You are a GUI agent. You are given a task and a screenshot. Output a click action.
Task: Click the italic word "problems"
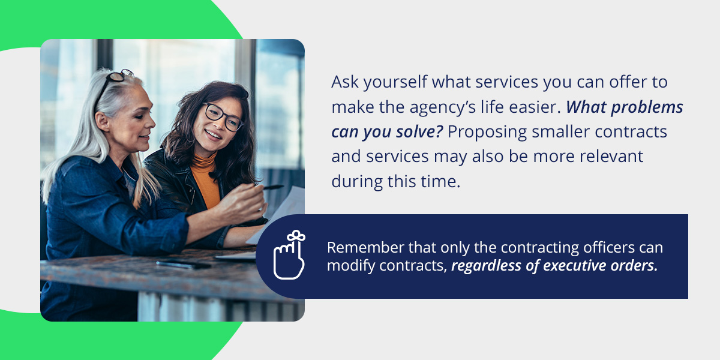647,107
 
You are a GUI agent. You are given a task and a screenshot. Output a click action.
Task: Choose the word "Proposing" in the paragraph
487,133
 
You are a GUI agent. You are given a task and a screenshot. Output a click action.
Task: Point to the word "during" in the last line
356,182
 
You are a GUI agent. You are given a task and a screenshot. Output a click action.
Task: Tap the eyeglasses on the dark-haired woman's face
223,116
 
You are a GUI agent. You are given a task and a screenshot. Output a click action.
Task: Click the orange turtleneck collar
205,163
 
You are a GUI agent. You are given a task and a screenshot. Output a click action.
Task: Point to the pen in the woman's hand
272,187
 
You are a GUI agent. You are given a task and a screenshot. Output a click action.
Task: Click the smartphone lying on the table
184,265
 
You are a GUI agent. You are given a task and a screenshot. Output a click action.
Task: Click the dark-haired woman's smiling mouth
213,134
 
